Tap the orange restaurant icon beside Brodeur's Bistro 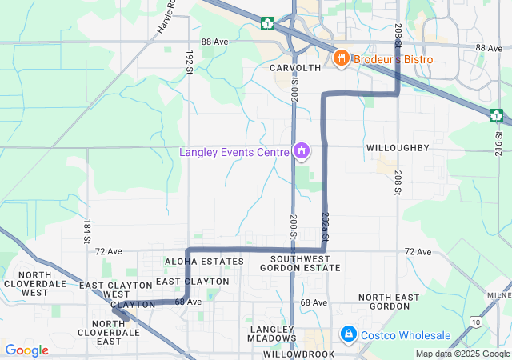coord(341,58)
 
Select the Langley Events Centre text coord(234,152)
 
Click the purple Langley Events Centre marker coord(302,150)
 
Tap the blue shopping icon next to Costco coord(348,334)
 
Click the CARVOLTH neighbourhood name coord(295,68)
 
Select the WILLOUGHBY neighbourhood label coord(398,148)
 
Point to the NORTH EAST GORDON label coord(389,302)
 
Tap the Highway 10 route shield coord(478,322)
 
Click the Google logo coord(27,350)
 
